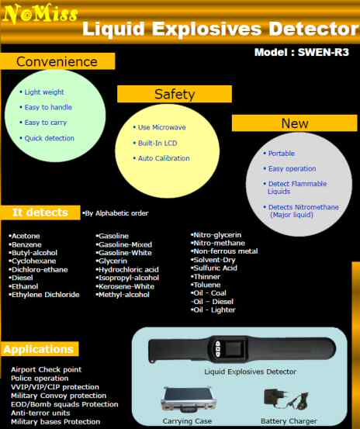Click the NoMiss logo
(x=40, y=13)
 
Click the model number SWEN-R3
(x=324, y=52)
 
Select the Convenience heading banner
(x=57, y=61)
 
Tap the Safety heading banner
(x=175, y=94)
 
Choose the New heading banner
(x=295, y=123)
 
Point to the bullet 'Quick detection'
(x=47, y=138)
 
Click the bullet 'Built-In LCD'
(x=155, y=143)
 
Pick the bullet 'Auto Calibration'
(x=161, y=158)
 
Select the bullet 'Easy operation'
(x=289, y=168)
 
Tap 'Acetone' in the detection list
(x=24, y=236)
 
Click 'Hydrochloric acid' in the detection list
(x=127, y=269)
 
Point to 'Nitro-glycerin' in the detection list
(x=216, y=235)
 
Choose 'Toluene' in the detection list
(x=206, y=285)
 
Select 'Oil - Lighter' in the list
(x=213, y=310)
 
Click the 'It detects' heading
(x=40, y=213)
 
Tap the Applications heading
(x=39, y=349)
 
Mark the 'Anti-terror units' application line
(x=40, y=413)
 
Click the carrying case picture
(x=189, y=400)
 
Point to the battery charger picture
(x=286, y=400)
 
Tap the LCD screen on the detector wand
(x=234, y=348)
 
